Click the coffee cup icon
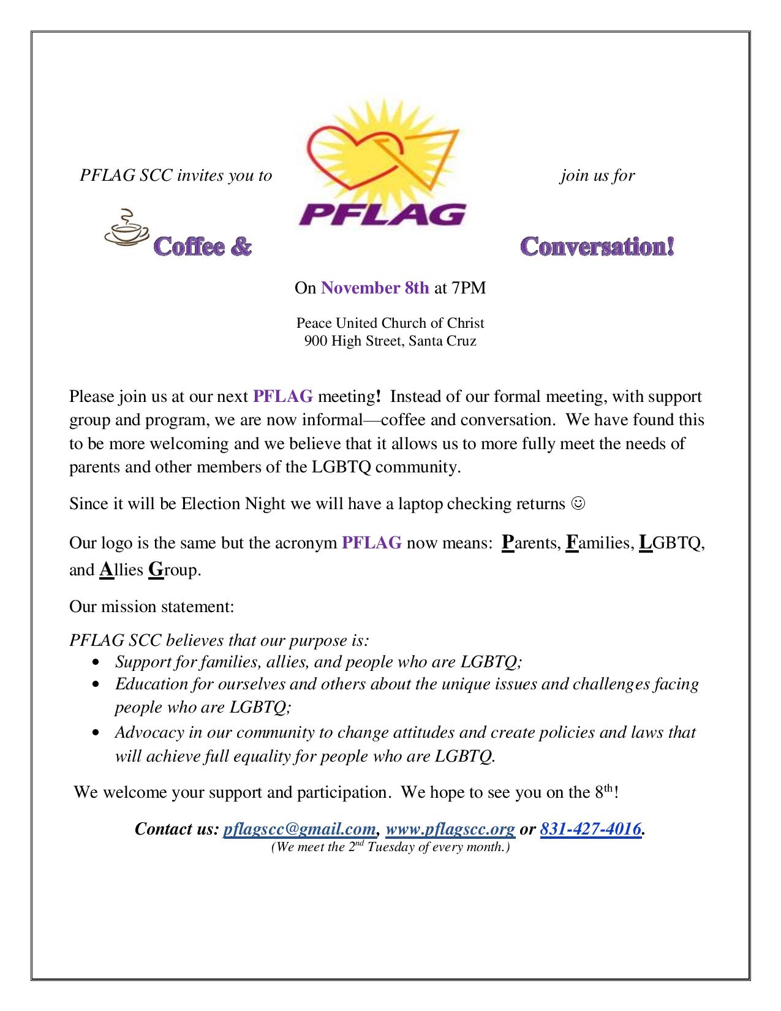(x=127, y=231)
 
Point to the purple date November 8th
(x=375, y=287)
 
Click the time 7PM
(x=469, y=287)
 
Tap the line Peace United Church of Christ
(x=390, y=323)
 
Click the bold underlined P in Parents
(x=507, y=542)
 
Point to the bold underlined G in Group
(x=156, y=570)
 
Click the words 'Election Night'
(x=233, y=504)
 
